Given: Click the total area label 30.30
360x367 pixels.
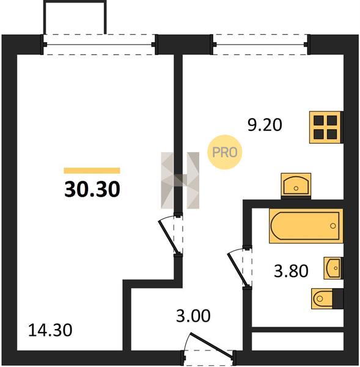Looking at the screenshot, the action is click(x=92, y=189).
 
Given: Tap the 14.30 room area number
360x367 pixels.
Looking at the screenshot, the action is click(x=50, y=330).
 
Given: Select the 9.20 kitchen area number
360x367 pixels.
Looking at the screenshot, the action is click(x=265, y=125).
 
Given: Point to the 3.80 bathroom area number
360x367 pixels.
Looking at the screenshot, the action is click(x=291, y=271).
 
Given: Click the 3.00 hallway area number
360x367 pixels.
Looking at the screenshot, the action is click(x=193, y=316).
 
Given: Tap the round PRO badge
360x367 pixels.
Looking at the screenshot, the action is click(x=224, y=152).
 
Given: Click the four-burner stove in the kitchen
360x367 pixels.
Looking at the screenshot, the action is click(x=326, y=127).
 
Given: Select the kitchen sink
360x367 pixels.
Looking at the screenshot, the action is click(x=296, y=185).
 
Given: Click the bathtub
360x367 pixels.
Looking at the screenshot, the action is click(x=306, y=226).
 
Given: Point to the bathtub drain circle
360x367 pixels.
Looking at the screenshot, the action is click(x=333, y=226).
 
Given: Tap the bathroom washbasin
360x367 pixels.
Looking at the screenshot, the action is click(x=333, y=268).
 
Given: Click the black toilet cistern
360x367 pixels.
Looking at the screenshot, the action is click(x=338, y=298).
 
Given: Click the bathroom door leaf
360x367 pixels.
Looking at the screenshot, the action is click(x=238, y=270).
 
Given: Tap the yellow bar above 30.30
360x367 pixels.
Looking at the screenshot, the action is click(x=92, y=171).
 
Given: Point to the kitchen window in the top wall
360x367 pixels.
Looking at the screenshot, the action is click(x=260, y=45).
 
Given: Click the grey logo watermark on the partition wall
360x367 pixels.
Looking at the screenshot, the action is click(x=180, y=180).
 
